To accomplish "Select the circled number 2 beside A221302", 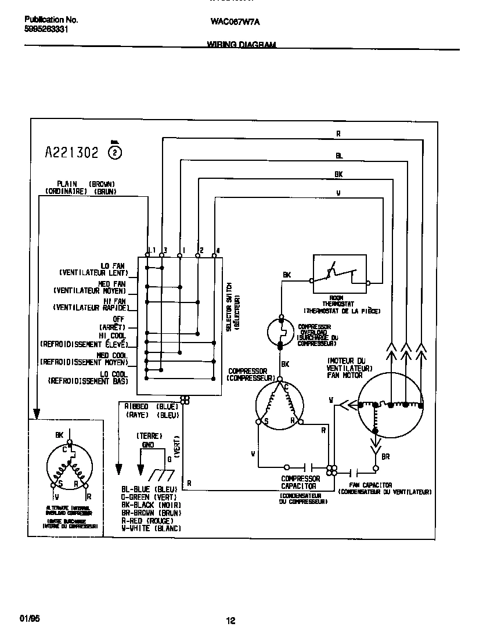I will [116, 153].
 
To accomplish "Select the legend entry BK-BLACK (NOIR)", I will [151, 505].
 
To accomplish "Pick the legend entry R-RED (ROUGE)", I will [151, 521].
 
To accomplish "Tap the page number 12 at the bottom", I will [230, 621].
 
